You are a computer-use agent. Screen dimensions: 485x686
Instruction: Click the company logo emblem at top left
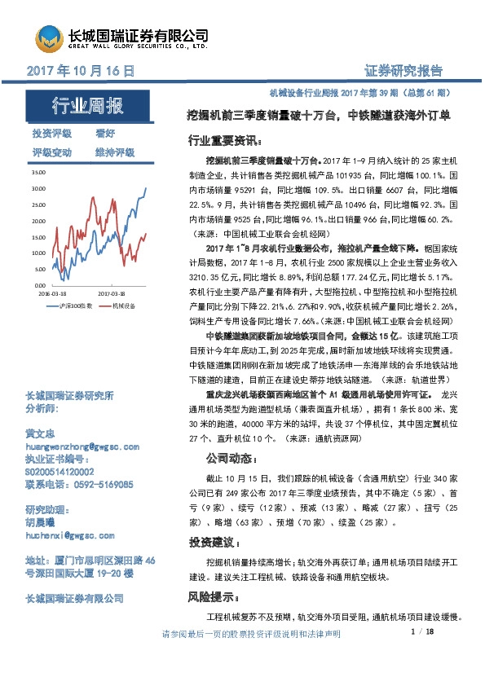pyautogui.click(x=48, y=39)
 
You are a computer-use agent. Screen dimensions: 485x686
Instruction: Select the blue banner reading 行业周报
pyautogui.click(x=87, y=105)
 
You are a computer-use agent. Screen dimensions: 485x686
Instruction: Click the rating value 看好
pyautogui.click(x=105, y=133)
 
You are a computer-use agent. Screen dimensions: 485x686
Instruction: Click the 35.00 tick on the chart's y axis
pyautogui.click(x=37, y=174)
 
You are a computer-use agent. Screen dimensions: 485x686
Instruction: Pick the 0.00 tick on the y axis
pyautogui.click(x=39, y=285)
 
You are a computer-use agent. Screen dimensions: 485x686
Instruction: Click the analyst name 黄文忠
pyautogui.click(x=45, y=435)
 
